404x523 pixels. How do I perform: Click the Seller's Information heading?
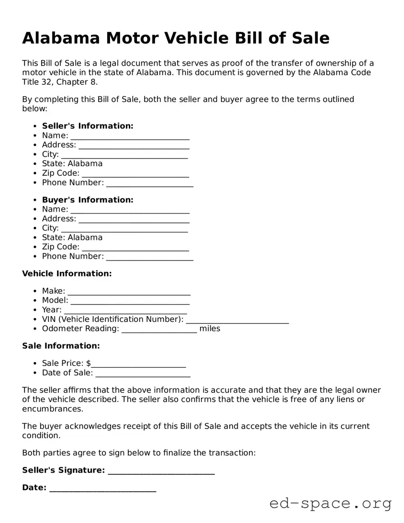point(88,126)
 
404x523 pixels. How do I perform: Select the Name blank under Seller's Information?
point(130,136)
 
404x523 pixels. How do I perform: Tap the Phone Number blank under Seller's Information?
point(149,183)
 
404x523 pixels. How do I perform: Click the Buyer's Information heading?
point(88,200)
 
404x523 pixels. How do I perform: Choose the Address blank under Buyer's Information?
point(134,220)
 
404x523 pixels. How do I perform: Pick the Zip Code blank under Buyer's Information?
point(135,248)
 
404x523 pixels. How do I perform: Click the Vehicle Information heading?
point(67,273)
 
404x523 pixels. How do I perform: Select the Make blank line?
point(129,292)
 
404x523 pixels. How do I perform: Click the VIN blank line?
point(237,320)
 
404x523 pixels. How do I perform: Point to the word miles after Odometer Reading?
point(210,329)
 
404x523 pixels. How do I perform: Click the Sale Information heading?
point(61,346)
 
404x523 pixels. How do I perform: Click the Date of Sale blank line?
point(143,374)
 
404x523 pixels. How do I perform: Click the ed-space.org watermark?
point(330,503)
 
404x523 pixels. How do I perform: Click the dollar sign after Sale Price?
point(89,364)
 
